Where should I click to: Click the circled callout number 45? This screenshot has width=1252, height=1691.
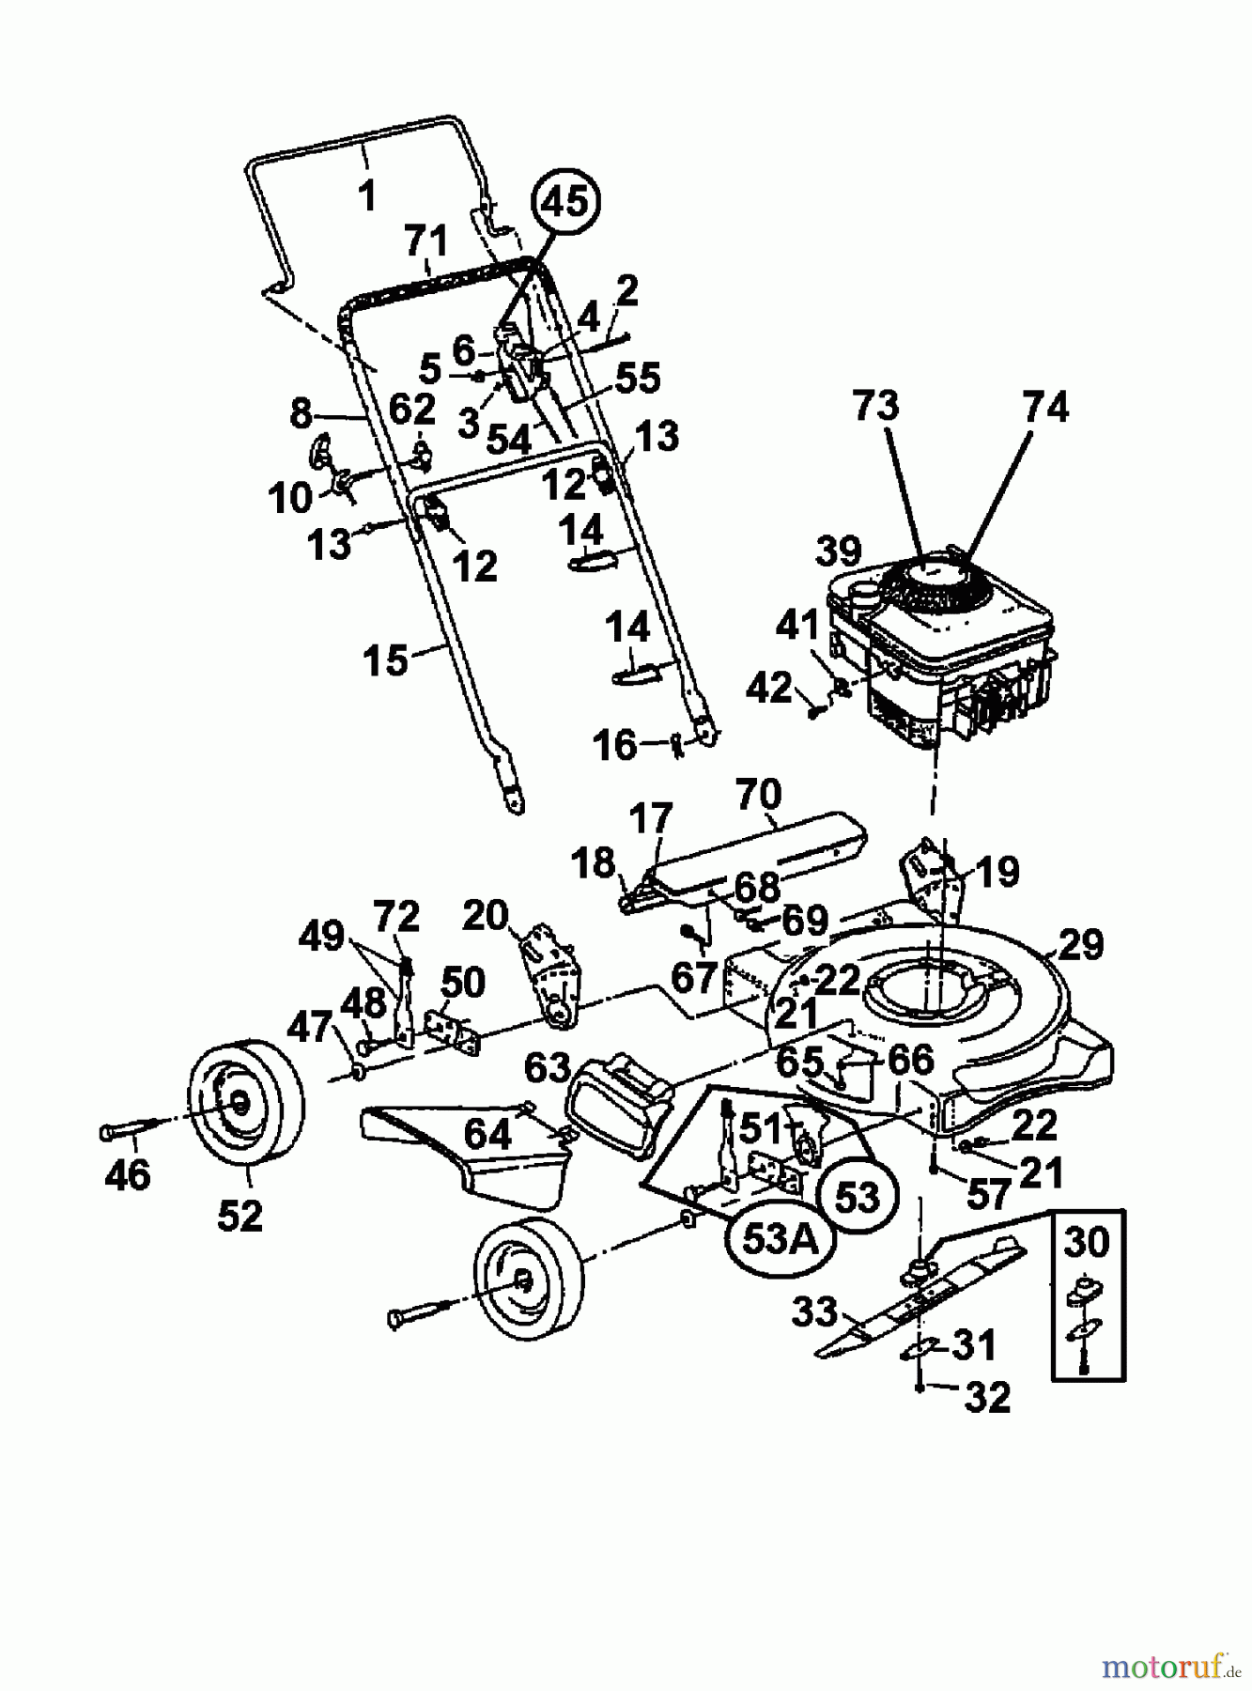(x=565, y=201)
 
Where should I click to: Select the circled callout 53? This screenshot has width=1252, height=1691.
(x=858, y=1195)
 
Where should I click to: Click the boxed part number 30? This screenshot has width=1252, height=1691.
(x=1087, y=1244)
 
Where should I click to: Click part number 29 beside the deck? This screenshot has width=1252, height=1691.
(x=1080, y=944)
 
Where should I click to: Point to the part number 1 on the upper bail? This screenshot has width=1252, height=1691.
(x=367, y=196)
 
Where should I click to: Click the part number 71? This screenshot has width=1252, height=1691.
(x=425, y=241)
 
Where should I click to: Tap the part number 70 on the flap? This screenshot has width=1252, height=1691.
(x=758, y=794)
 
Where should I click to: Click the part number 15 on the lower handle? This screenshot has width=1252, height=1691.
(x=386, y=659)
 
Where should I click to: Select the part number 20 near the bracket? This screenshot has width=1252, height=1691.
(x=486, y=914)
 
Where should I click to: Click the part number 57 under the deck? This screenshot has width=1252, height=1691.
(x=987, y=1194)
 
